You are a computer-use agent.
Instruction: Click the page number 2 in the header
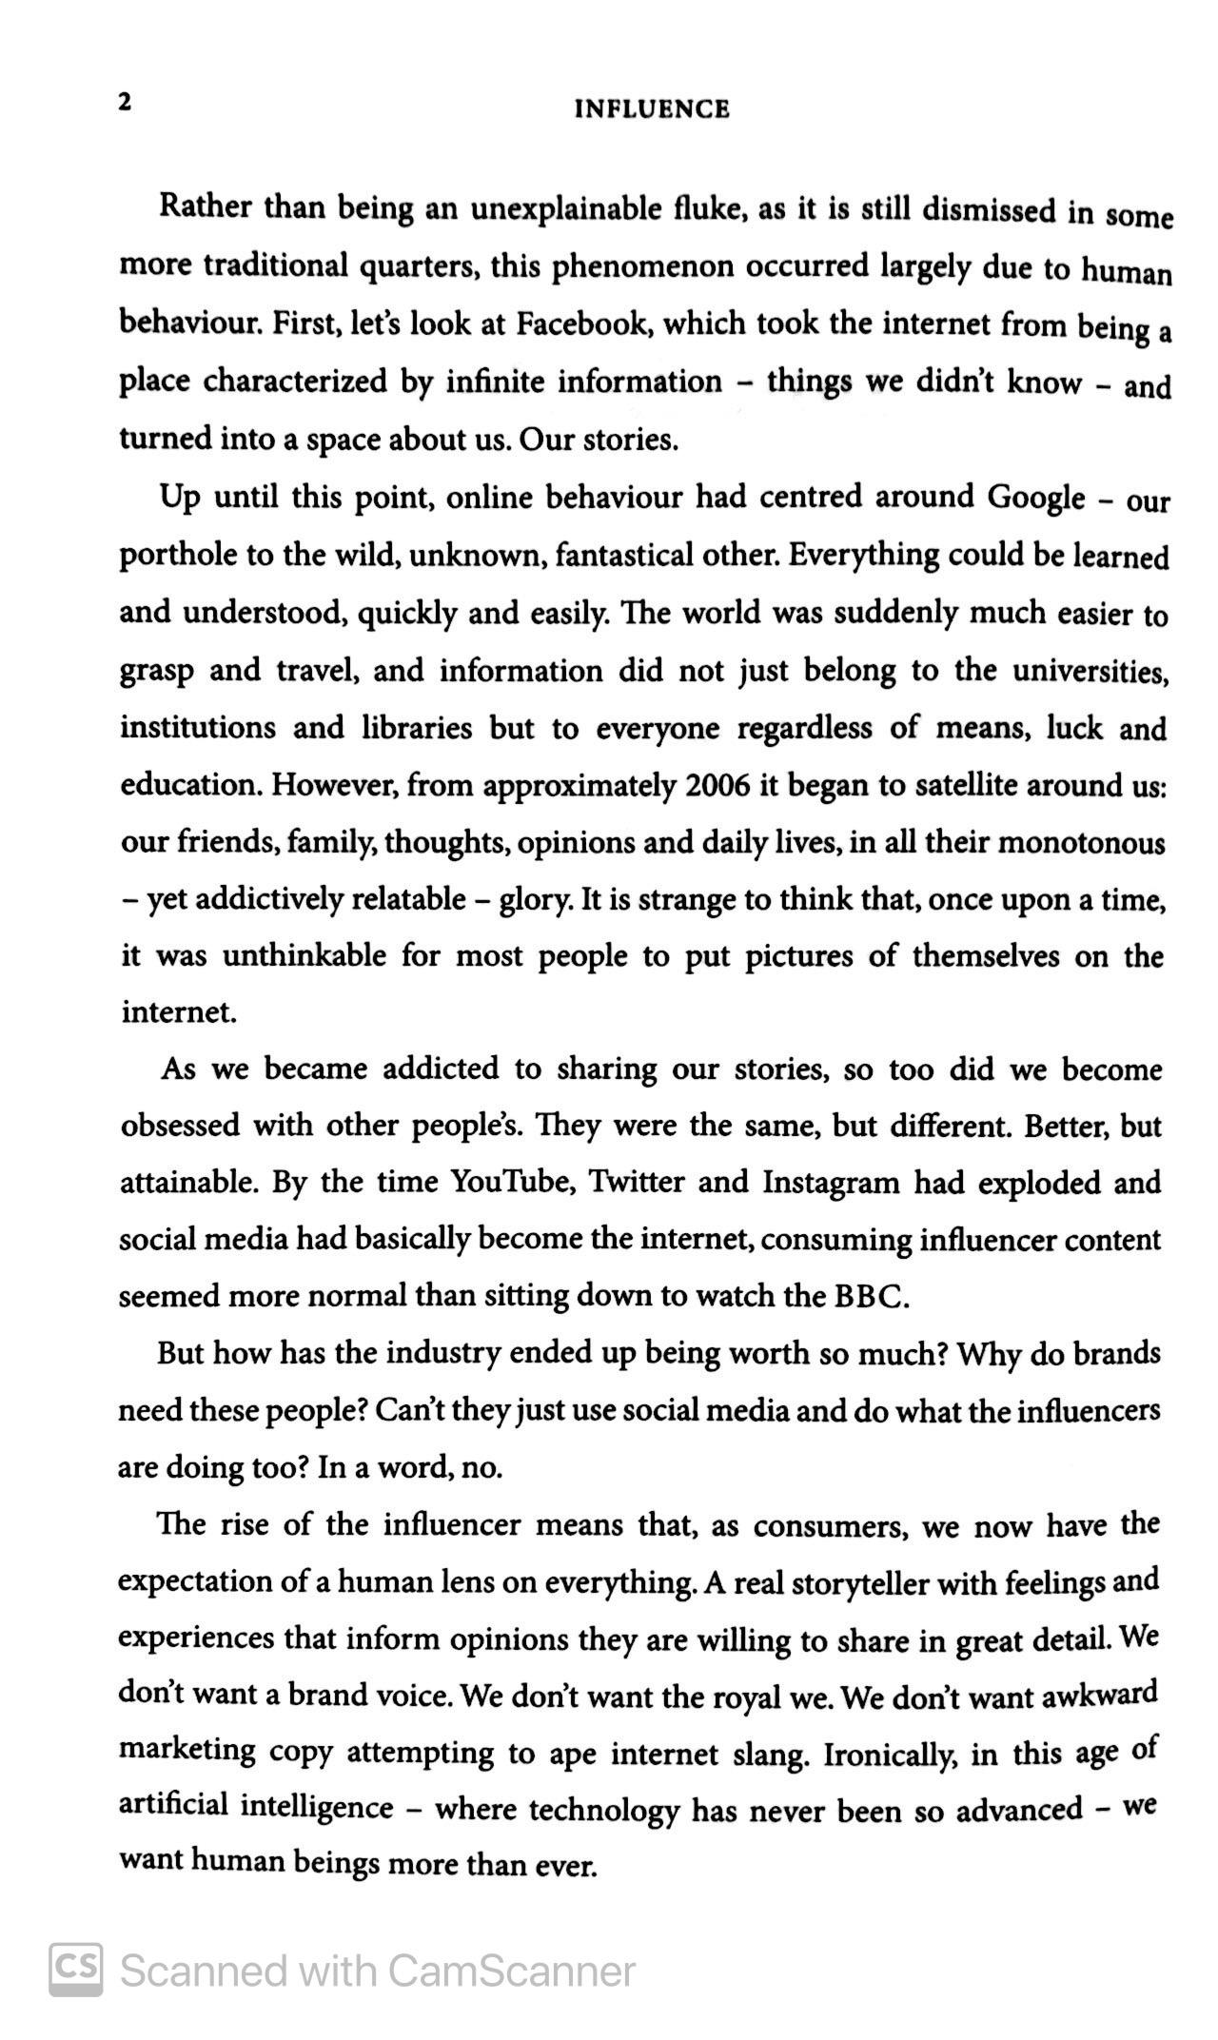pos(125,103)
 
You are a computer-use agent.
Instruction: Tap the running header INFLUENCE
pos(652,109)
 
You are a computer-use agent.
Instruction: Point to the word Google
pos(1036,497)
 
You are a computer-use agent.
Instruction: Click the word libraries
pos(417,728)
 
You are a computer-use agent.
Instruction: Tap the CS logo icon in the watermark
pos(76,1969)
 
